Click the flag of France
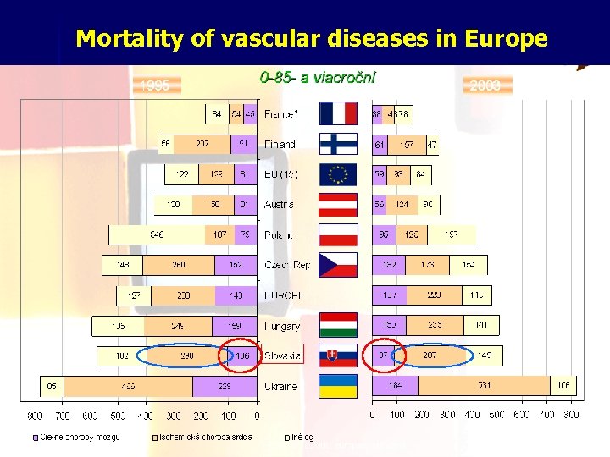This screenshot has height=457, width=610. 338,113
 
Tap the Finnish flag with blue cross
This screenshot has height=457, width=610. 338,144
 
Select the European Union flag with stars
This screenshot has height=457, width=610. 338,174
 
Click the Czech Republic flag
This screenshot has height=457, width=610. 338,265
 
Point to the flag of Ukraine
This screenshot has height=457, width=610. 338,386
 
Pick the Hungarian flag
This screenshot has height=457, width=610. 338,325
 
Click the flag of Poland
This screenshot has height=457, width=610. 338,234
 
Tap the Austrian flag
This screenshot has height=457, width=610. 338,205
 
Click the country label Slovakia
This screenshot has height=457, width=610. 283,356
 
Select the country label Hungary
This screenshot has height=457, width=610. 282,326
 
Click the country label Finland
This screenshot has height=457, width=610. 280,145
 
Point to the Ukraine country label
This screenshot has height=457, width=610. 280,386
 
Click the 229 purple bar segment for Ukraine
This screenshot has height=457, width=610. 225,386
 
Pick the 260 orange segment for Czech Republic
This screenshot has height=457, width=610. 180,265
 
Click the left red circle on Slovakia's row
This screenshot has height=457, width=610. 239,356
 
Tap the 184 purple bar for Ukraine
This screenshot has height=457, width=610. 395,386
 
